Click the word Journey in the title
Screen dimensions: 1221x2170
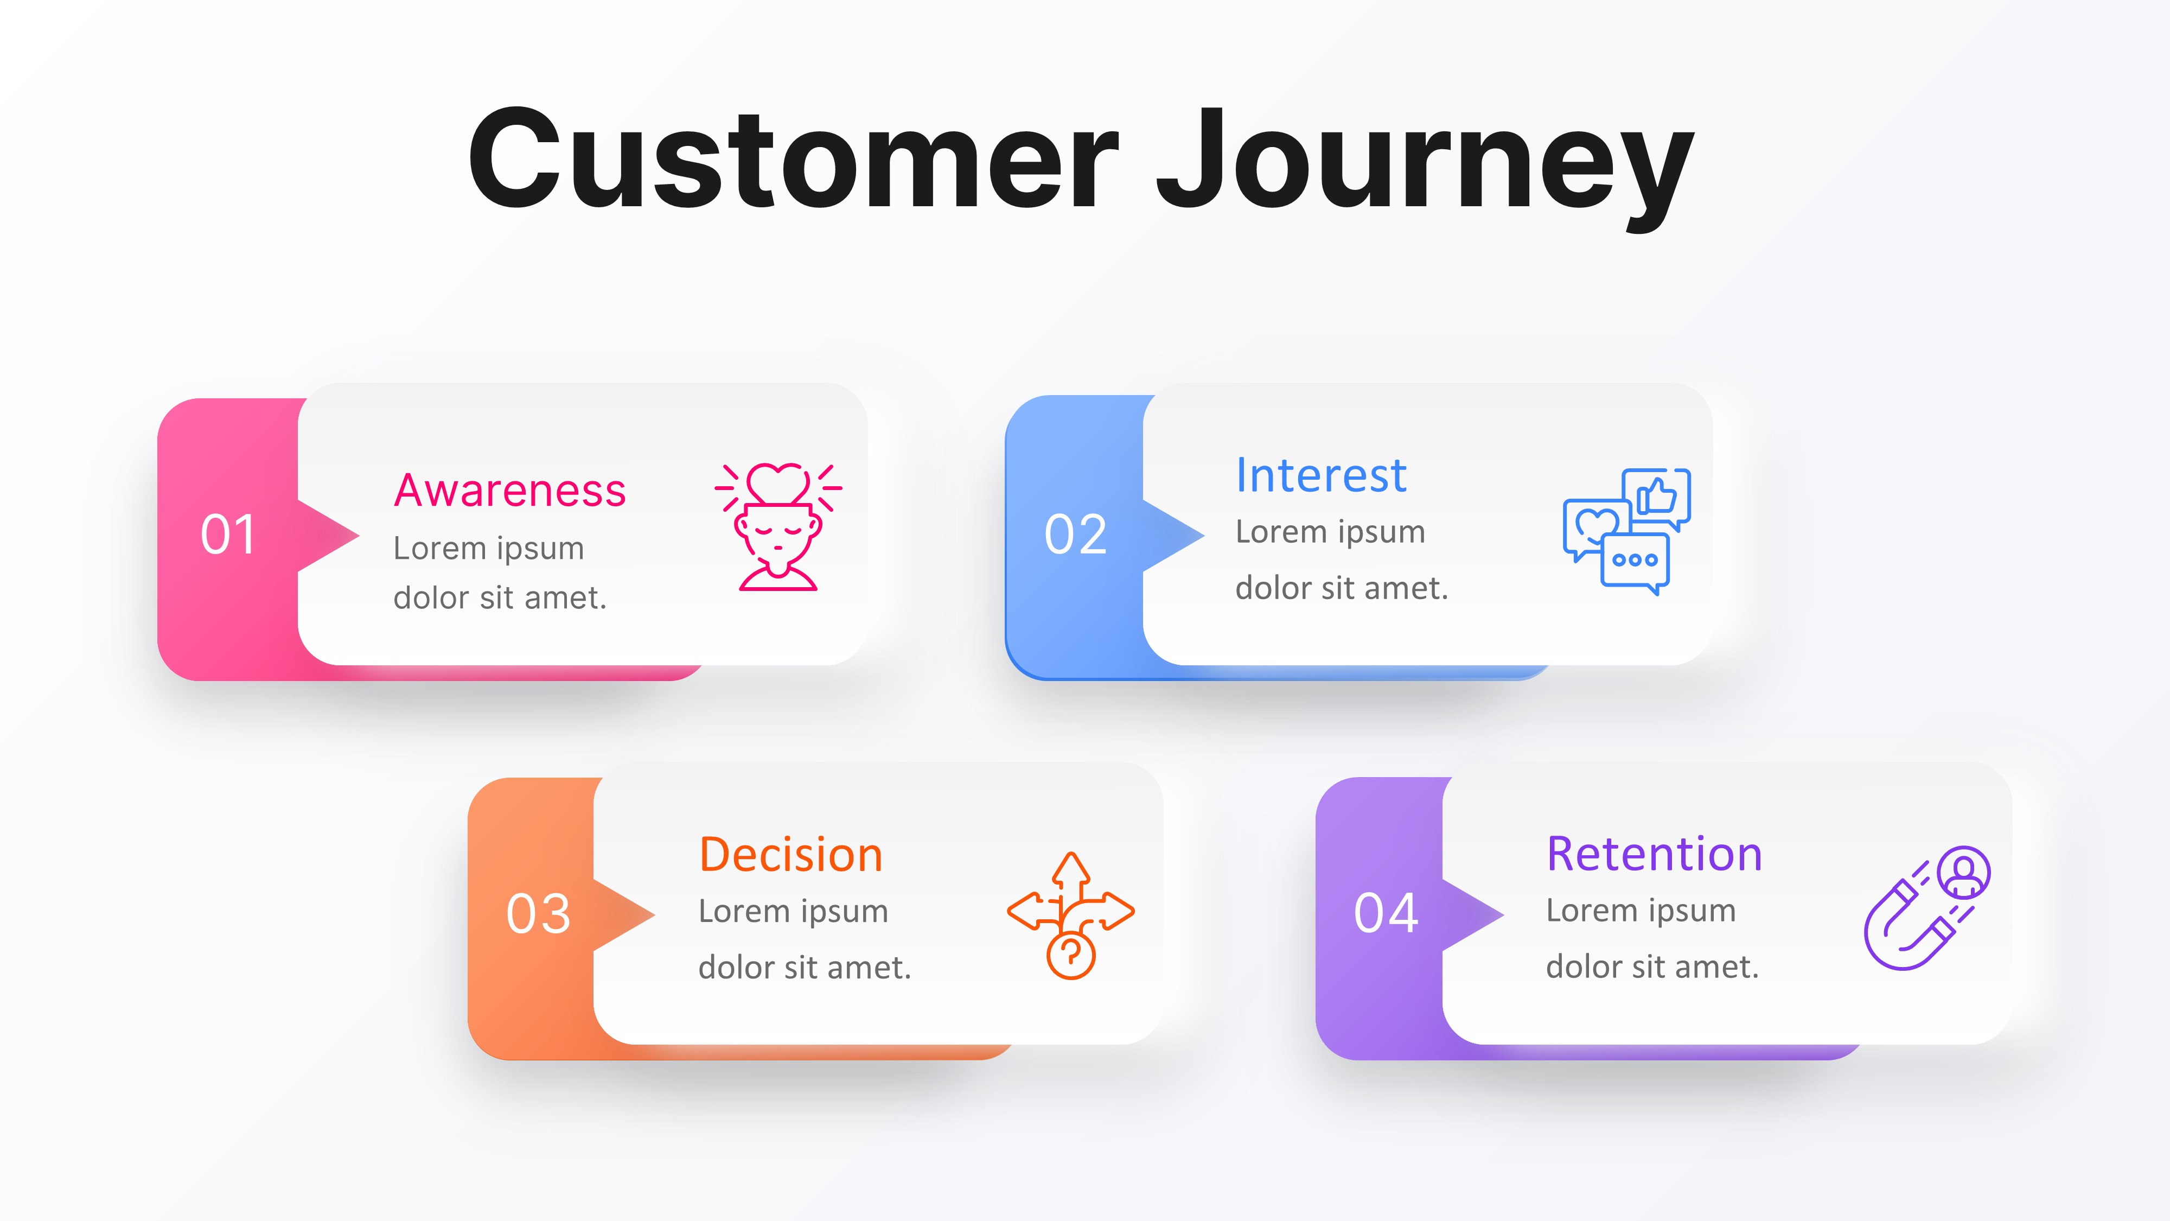1424,164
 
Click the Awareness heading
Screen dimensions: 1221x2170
509,491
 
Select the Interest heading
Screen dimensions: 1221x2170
1321,475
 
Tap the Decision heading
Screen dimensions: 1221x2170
791,855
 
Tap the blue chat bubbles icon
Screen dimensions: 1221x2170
1626,531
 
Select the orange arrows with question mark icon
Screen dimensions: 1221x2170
1071,914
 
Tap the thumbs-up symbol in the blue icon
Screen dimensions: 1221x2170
1657,497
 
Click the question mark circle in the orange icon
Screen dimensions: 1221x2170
1071,955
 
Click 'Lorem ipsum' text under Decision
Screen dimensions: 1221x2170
793,911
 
